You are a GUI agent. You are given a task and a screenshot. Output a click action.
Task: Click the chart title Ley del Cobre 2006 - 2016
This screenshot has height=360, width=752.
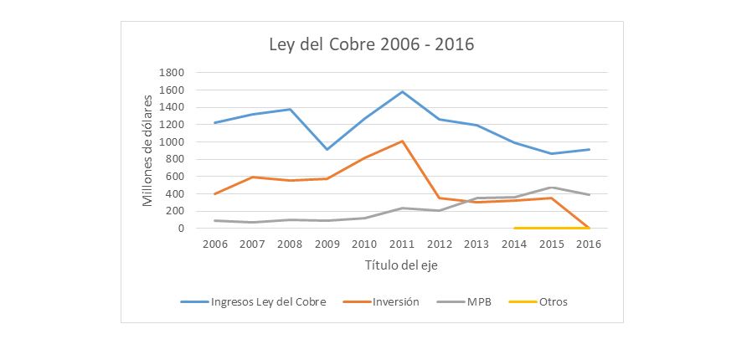[371, 44]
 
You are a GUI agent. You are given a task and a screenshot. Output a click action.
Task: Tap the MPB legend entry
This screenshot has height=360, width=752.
[480, 301]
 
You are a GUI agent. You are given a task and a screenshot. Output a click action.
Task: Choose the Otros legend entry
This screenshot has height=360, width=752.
[553, 301]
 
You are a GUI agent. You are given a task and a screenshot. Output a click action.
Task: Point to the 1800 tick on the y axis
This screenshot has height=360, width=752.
[172, 73]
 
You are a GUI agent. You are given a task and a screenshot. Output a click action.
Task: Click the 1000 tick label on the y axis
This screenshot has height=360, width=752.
[172, 142]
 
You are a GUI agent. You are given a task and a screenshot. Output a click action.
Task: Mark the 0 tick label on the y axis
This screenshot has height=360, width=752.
[181, 229]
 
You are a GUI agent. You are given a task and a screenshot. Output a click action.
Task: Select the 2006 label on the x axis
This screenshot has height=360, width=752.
[216, 244]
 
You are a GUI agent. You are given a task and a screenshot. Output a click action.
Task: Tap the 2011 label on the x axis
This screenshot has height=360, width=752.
[403, 244]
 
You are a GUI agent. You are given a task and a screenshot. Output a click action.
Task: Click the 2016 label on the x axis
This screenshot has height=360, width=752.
[589, 244]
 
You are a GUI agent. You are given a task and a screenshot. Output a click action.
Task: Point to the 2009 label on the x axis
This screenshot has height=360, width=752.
[328, 244]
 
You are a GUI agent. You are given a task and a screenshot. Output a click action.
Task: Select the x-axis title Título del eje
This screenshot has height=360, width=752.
[401, 265]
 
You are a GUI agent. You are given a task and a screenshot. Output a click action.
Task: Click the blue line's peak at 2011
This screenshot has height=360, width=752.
[403, 91]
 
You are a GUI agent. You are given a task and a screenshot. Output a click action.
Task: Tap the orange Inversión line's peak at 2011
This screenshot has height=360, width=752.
[403, 141]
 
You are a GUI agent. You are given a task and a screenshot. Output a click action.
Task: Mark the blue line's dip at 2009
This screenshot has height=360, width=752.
[328, 149]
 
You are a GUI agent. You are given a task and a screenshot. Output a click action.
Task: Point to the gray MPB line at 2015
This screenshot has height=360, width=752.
[552, 188]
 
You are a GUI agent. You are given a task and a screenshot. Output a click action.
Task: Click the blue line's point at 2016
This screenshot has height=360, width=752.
[589, 149]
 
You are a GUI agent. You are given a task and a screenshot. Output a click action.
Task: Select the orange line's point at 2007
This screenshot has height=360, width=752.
[253, 177]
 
